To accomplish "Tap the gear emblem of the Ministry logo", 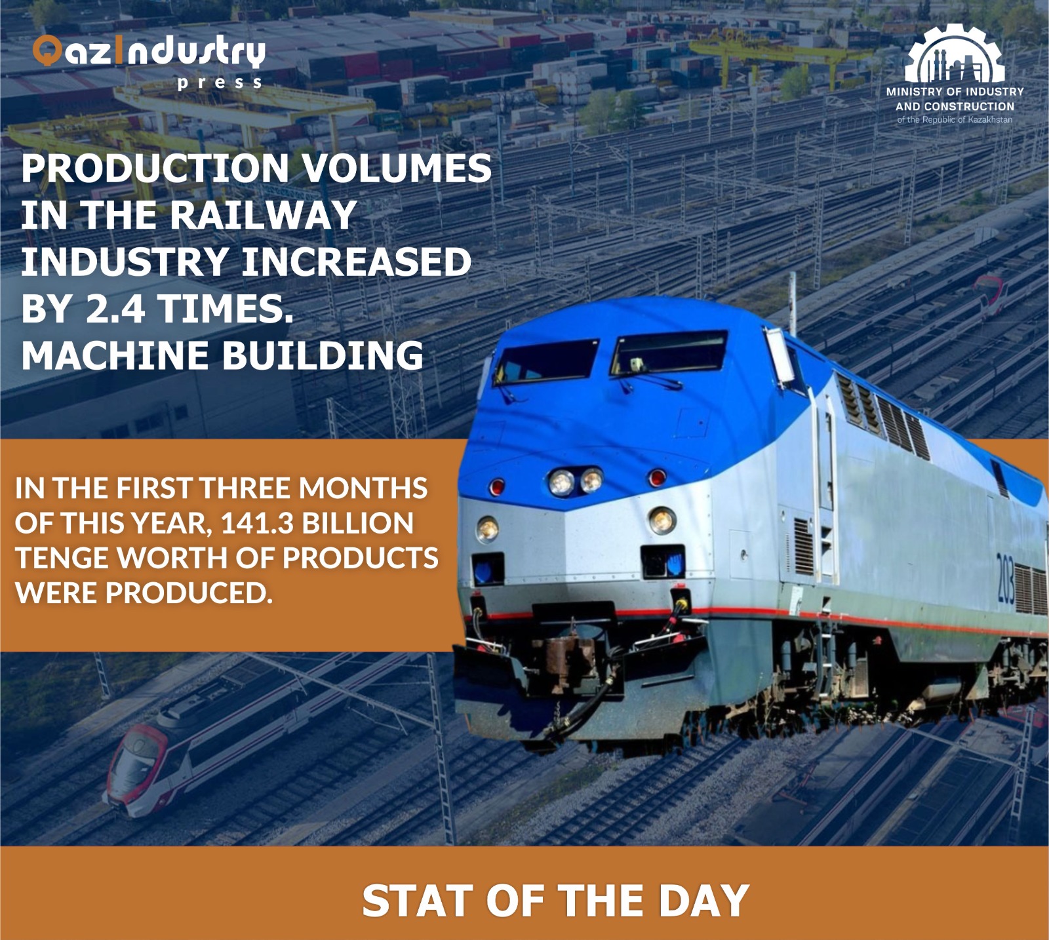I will pos(954,55).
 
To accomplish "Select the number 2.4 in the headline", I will pos(115,308).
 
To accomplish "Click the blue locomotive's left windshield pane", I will pos(545,360).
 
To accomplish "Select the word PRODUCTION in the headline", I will pos(155,168).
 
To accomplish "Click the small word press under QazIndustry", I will pos(220,83).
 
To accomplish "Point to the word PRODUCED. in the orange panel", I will pos(189,593).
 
